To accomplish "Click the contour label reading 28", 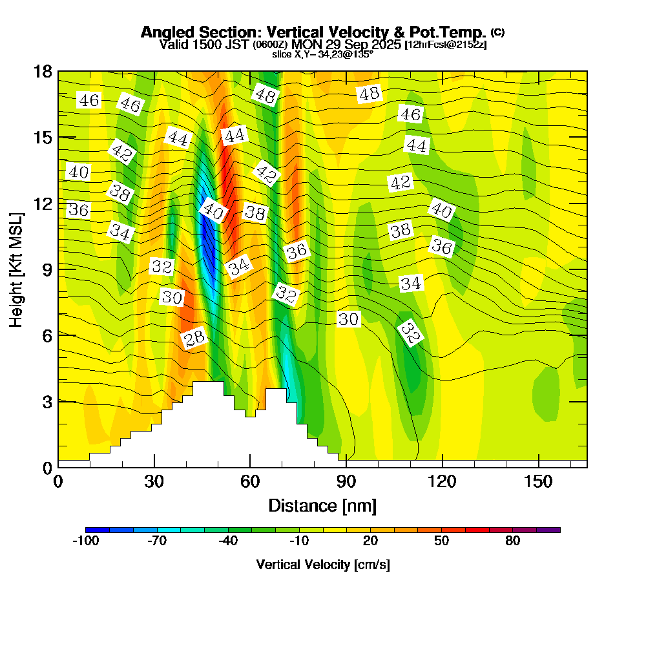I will pyautogui.click(x=194, y=338).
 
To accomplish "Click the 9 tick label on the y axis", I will pyautogui.click(x=47, y=269).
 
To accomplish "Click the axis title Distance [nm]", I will pyautogui.click(x=322, y=505).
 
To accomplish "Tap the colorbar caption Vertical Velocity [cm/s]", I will pyautogui.click(x=322, y=565).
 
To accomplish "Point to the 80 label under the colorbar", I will pyautogui.click(x=512, y=541).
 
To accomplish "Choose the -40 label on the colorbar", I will pyautogui.click(x=228, y=541).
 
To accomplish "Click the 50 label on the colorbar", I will pyautogui.click(x=441, y=541).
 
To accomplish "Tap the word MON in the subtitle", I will pyautogui.click(x=306, y=45).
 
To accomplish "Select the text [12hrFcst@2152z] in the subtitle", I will pyautogui.click(x=445, y=45).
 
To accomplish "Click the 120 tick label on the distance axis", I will pyautogui.click(x=442, y=482).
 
